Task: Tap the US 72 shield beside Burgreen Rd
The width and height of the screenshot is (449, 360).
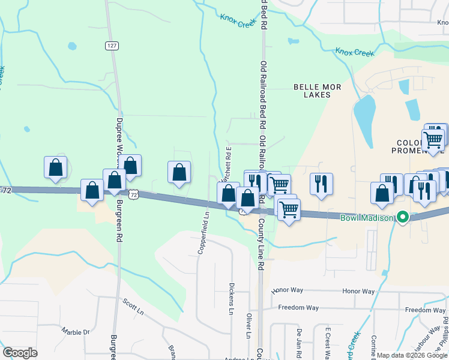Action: pyautogui.click(x=134, y=195)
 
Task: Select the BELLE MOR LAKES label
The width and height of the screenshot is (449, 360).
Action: pyautogui.click(x=318, y=91)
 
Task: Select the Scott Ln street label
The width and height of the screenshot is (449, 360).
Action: pyautogui.click(x=133, y=307)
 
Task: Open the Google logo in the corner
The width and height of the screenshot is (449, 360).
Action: pyautogui.click(x=20, y=352)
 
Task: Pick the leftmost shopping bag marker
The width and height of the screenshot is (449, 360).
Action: pyautogui.click(x=55, y=167)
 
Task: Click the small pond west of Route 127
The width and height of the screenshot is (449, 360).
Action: pyautogui.click(x=73, y=46)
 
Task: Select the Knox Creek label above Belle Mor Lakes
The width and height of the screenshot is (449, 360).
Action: pyautogui.click(x=354, y=53)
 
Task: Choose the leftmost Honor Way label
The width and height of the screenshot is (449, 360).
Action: pyautogui.click(x=288, y=290)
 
